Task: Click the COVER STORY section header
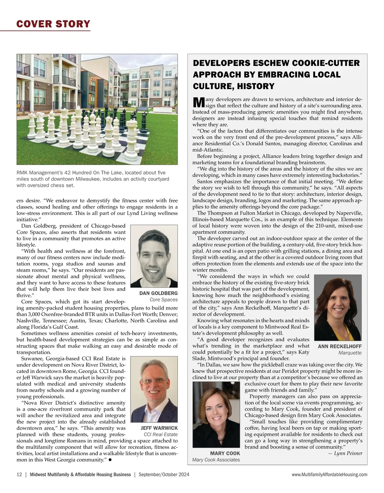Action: click(53, 24)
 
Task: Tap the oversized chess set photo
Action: click(97, 109)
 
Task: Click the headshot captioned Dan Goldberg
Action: click(154, 256)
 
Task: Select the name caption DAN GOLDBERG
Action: click(158, 293)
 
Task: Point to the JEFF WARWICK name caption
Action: click(159, 428)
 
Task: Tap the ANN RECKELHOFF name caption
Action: click(340, 346)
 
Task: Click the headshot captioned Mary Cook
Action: click(216, 415)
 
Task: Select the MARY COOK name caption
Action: click(225, 453)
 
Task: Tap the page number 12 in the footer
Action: click(19, 474)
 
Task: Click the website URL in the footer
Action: click(330, 475)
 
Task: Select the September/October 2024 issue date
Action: click(164, 474)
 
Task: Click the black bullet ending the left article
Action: click(110, 460)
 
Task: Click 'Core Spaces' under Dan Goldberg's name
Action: click(164, 300)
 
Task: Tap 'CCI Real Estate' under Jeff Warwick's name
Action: click(161, 434)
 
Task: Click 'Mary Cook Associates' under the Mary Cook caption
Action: click(216, 460)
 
